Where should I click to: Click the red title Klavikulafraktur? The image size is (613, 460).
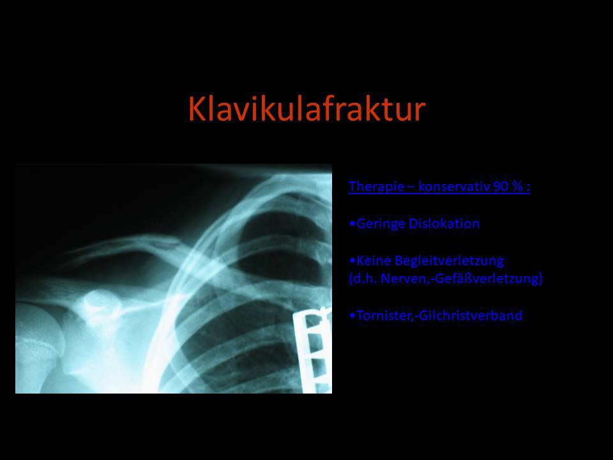[307, 109]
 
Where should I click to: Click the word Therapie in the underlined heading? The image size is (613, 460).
[377, 186]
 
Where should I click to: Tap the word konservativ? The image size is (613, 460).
[454, 187]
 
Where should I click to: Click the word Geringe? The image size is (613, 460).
[381, 224]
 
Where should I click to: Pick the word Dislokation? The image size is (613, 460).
[444, 224]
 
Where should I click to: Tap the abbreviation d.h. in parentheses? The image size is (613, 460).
[363, 279]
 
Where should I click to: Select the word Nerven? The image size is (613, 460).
[404, 279]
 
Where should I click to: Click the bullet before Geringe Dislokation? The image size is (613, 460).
[352, 224]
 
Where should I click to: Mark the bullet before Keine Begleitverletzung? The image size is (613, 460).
[352, 261]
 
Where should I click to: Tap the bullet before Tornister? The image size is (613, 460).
[352, 316]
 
